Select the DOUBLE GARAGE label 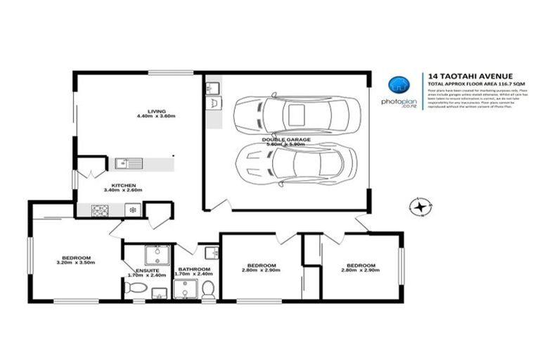pos(283,139)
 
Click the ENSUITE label pos(148,270)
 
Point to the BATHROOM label pos(193,269)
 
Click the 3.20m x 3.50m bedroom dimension pos(75,263)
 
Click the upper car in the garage pos(296,112)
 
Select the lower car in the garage pos(296,165)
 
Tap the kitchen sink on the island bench pos(129,163)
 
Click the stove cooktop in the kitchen pos(98,210)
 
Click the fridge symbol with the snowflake pos(131,210)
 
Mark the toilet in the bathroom pos(208,290)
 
